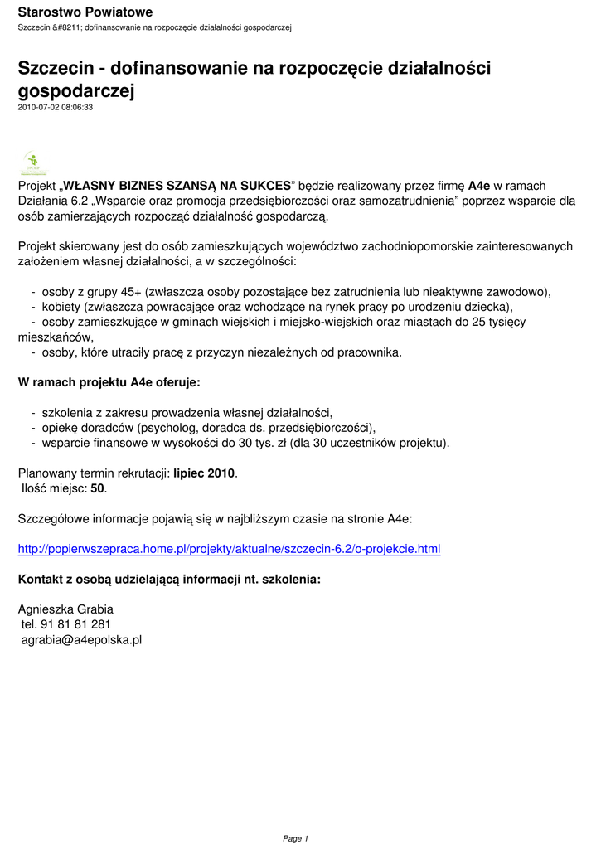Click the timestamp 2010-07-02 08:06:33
(55, 107)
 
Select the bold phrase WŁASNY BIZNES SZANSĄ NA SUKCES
(177, 185)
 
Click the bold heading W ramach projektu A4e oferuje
(109, 382)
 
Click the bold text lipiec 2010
(205, 473)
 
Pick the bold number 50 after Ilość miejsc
(98, 488)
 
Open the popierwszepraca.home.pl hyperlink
(230, 549)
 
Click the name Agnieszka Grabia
(65, 609)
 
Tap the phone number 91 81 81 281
(75, 624)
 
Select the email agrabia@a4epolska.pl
(81, 639)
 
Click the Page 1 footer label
(296, 838)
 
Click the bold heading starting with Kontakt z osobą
(169, 580)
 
